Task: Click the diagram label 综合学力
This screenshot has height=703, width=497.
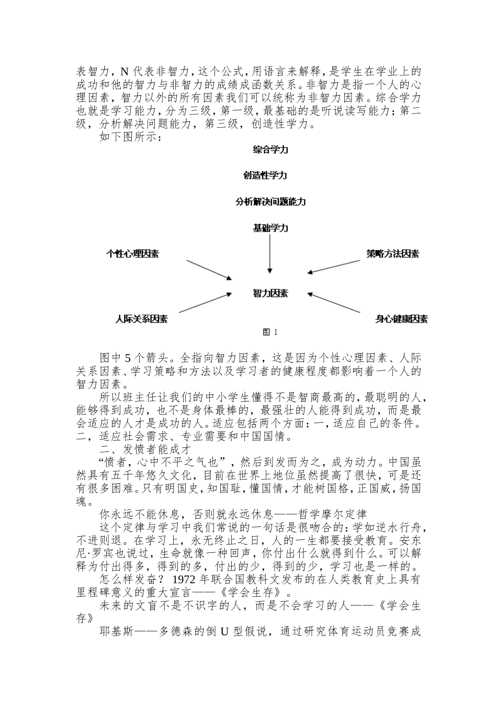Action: [270, 150]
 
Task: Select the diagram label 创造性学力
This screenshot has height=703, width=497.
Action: [265, 175]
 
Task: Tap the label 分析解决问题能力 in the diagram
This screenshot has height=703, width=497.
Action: [270, 201]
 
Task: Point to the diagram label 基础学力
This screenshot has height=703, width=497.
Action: [270, 228]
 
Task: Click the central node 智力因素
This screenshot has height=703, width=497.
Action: [270, 293]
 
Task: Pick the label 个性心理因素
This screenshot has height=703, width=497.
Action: [132, 254]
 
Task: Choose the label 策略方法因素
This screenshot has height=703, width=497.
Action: [392, 254]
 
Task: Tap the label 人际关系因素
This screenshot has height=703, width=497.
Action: [141, 319]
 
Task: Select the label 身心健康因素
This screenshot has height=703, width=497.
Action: [401, 319]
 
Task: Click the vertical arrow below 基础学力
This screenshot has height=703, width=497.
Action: [270, 254]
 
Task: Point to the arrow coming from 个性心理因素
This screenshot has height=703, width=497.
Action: [209, 269]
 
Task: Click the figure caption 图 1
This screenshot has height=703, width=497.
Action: [270, 332]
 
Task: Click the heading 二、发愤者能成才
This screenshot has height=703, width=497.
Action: [144, 449]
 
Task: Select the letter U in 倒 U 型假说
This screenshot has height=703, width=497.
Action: [224, 632]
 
